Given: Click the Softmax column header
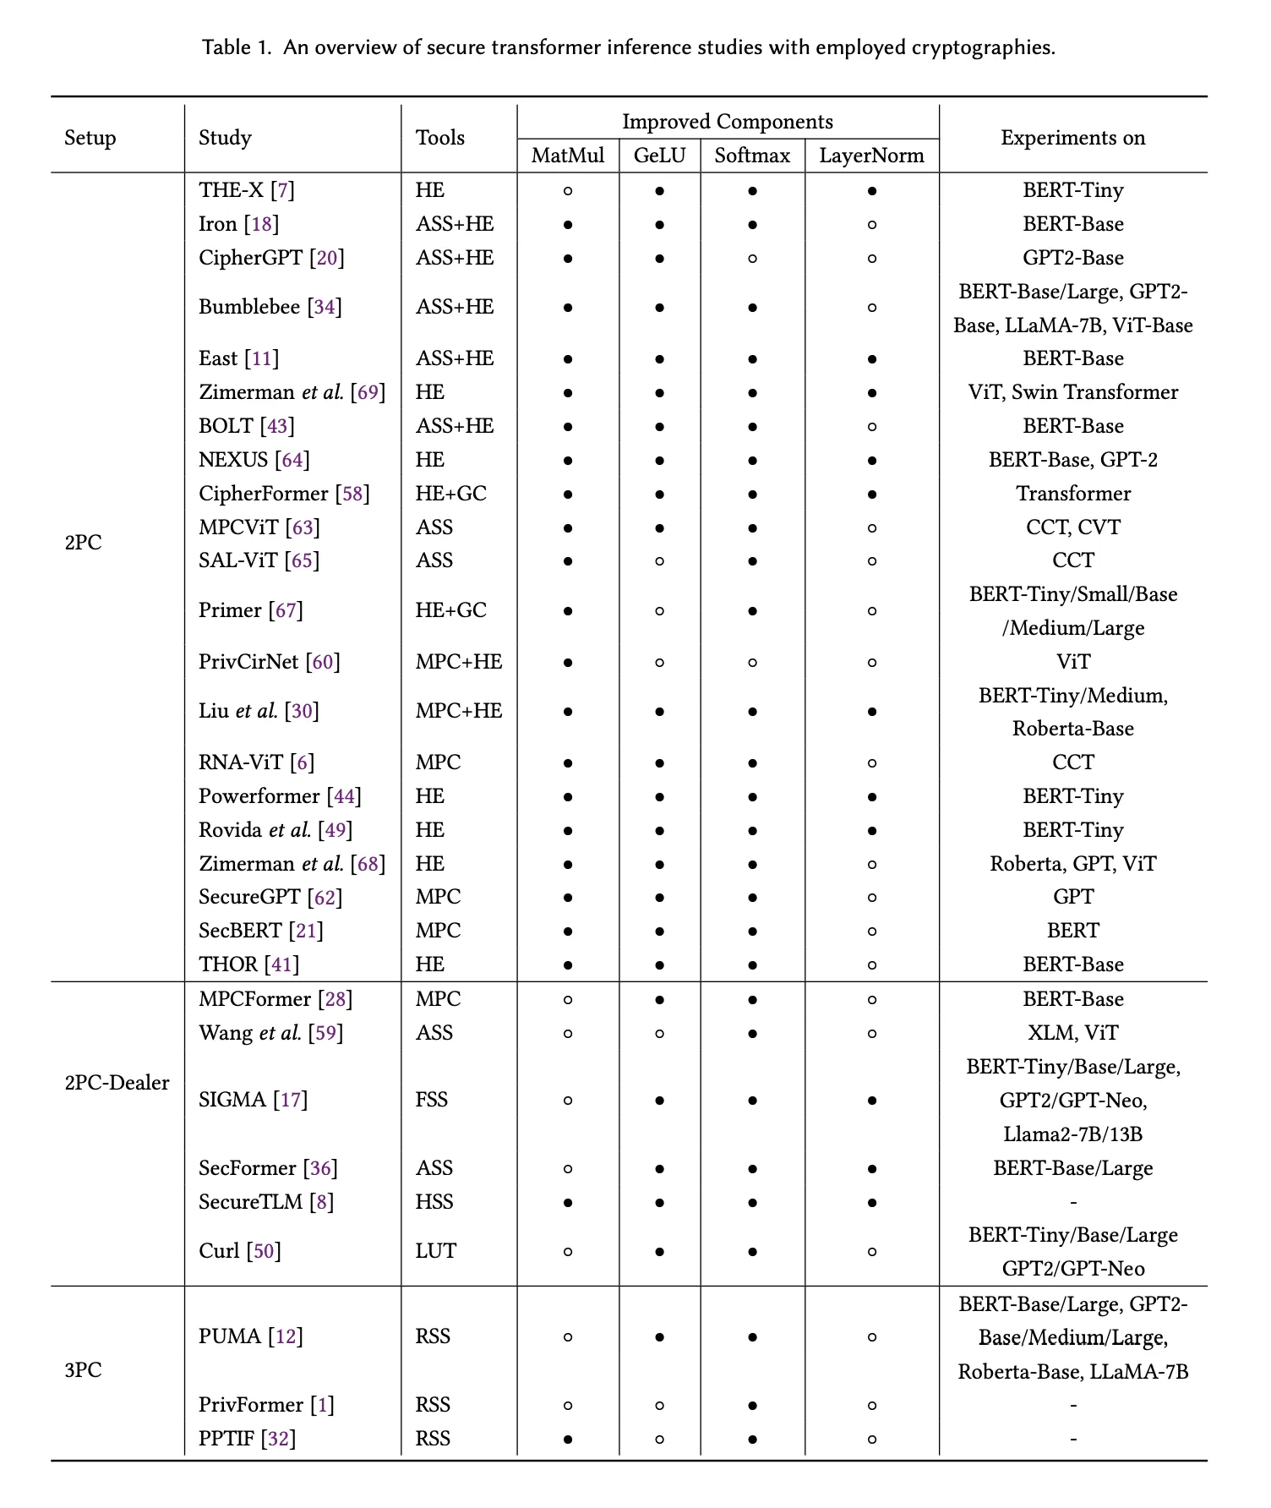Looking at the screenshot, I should [751, 156].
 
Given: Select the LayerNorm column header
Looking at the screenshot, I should [871, 156].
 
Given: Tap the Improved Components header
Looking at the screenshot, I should [727, 122].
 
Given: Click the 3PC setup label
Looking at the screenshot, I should [83, 1370].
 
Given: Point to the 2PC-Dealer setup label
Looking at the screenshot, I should [117, 1083].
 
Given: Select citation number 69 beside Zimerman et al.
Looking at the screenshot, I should [368, 392].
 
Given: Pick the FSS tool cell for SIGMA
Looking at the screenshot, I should [431, 1100].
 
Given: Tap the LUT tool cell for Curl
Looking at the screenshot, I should [435, 1251].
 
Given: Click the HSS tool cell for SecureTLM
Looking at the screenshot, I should [434, 1201].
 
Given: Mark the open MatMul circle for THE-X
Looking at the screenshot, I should [568, 191].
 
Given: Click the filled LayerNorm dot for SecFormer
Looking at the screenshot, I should [871, 1169].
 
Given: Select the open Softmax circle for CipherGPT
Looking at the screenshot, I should [751, 259].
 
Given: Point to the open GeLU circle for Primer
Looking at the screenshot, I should [659, 611].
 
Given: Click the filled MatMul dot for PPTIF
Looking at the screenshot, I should [568, 1439].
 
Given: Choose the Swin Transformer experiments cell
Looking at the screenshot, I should [1072, 392].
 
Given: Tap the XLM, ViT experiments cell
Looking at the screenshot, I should [1072, 1033].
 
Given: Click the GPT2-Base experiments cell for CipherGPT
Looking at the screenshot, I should [1072, 258].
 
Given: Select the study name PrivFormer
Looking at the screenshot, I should [251, 1405].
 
